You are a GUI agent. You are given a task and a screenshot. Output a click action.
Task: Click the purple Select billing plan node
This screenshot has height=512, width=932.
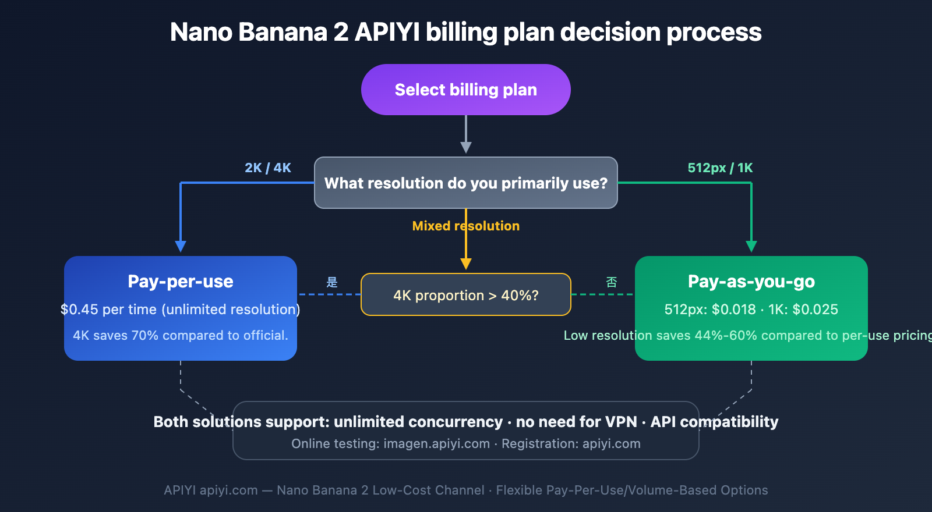pos(465,90)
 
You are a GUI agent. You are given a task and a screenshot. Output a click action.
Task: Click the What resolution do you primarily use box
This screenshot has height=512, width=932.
pos(465,183)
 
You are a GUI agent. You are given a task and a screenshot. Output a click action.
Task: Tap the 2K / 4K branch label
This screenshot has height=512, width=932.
pos(267,168)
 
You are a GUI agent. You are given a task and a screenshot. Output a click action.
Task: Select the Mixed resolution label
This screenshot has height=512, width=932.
pos(465,226)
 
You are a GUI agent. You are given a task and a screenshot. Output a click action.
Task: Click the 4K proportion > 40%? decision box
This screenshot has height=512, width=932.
pos(465,295)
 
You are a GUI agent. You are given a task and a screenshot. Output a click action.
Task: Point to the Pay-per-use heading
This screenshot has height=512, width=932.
pos(181,282)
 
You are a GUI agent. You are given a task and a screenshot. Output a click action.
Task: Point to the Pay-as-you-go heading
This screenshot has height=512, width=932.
pos(751,282)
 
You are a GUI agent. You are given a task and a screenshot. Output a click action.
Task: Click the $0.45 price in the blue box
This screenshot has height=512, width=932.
pos(79,310)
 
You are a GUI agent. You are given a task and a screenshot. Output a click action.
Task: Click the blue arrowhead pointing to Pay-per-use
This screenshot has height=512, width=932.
pos(181,246)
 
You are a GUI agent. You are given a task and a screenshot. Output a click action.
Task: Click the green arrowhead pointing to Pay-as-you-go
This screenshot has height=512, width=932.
pos(751,246)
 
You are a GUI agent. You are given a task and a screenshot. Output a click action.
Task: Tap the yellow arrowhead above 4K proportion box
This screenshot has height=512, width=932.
pos(466,264)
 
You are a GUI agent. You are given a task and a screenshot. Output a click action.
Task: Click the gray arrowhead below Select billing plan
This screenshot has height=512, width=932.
pos(466,147)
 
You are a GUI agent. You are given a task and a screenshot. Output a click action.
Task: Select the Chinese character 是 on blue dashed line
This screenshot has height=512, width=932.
pos(332,282)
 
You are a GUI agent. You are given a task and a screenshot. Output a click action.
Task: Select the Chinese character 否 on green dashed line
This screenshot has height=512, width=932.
pos(611,282)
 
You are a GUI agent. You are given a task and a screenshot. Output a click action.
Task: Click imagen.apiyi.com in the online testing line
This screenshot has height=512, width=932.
pos(436,444)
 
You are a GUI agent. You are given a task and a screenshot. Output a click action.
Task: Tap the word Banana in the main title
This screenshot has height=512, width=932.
pos(283,32)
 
